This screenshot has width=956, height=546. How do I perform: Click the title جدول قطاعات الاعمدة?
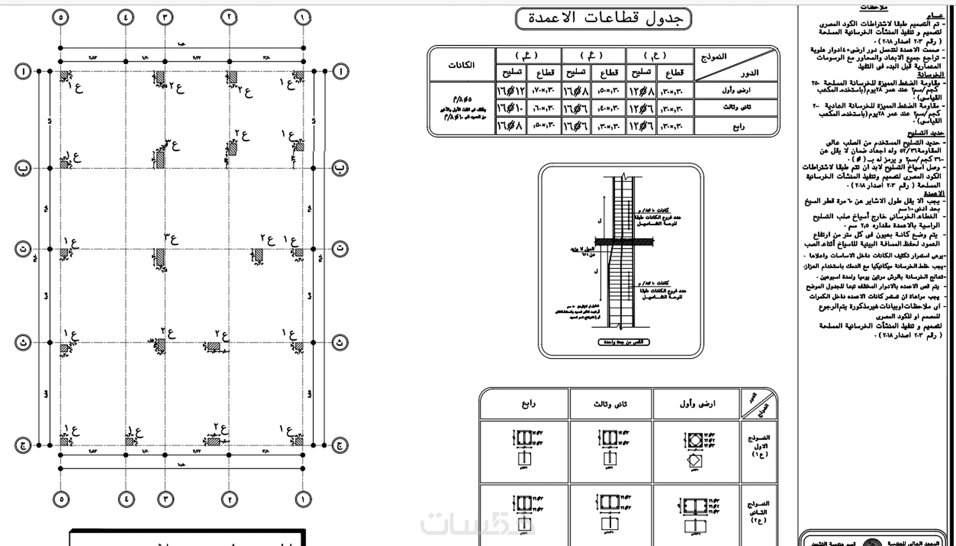[x=603, y=19]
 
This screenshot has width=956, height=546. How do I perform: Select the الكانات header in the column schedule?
[x=461, y=65]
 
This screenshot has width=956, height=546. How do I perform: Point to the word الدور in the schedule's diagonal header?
[x=749, y=73]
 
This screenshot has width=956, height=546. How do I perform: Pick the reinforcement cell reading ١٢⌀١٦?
[x=511, y=90]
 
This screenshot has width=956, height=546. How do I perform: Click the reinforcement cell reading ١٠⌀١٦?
[x=511, y=108]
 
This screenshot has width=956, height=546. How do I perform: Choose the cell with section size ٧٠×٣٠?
[x=544, y=90]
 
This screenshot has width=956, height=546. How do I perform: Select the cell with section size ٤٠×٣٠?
[x=608, y=108]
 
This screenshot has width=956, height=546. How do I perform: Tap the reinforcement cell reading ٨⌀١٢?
[x=641, y=90]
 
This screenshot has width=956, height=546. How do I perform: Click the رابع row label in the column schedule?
[x=738, y=126]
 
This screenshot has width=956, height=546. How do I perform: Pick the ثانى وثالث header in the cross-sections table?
[x=610, y=404]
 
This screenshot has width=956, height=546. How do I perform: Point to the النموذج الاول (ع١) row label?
[x=759, y=446]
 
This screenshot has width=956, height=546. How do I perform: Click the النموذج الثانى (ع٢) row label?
[x=759, y=512]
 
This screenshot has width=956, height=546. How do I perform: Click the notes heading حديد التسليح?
[x=926, y=133]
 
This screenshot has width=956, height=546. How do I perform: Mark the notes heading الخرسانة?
[x=931, y=74]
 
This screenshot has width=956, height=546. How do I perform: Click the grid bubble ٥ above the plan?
[x=60, y=17]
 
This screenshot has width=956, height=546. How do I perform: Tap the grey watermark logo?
[x=478, y=523]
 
